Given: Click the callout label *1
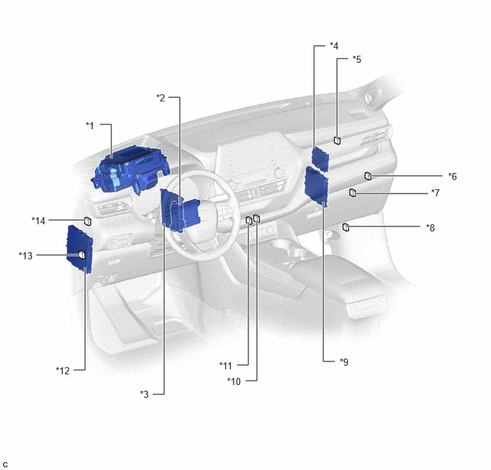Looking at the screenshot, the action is click(90, 126).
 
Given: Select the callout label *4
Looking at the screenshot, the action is click(334, 46).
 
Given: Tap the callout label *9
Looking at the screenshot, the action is click(344, 362).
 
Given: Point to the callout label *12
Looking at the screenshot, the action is click(63, 371).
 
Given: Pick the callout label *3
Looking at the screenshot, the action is click(144, 394).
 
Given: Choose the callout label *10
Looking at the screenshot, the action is click(234, 381).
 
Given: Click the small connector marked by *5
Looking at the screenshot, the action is click(338, 141).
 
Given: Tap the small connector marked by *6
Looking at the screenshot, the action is click(368, 176).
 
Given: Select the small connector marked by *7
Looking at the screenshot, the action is click(353, 193).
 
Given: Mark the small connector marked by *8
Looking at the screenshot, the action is click(345, 227).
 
